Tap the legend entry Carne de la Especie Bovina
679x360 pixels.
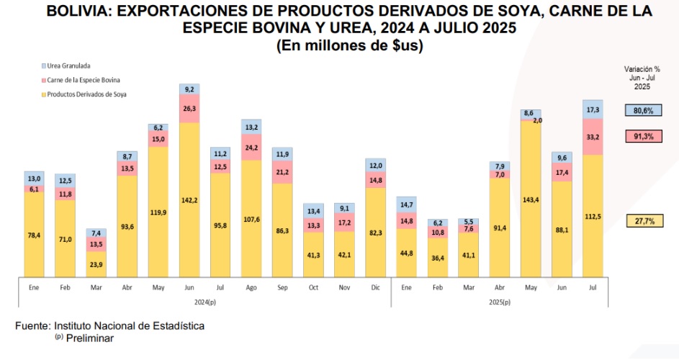(x=83, y=80)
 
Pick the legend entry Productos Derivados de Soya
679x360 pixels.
(x=86, y=94)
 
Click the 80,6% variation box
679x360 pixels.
(x=643, y=111)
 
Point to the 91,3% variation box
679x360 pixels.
(x=643, y=135)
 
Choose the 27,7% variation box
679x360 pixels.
(x=643, y=222)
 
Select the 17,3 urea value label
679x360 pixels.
(x=593, y=109)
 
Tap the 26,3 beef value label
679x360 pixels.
(x=189, y=109)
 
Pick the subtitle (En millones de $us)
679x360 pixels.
(x=349, y=45)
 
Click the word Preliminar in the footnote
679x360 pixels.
(x=90, y=337)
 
